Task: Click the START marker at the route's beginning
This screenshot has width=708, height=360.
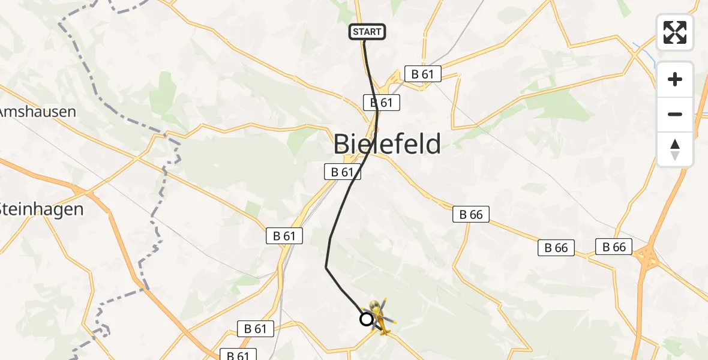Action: point(367,32)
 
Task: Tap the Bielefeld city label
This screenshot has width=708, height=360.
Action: point(387,144)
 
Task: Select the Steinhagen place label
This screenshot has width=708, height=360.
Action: point(41,209)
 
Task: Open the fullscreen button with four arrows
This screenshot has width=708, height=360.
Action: point(674,32)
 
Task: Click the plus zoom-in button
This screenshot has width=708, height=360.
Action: point(675,79)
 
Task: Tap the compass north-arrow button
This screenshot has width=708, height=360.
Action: point(675,149)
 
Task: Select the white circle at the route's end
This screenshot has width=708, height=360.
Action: point(366,319)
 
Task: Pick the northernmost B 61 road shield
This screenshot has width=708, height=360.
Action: point(422,74)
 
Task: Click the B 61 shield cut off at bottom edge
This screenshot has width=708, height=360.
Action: point(238,355)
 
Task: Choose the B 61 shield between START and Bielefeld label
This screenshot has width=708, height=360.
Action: point(381,103)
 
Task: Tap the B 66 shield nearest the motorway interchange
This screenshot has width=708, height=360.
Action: point(614,246)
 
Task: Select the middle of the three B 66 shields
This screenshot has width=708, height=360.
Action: point(556,247)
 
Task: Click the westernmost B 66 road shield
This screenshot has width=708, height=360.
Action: point(471,214)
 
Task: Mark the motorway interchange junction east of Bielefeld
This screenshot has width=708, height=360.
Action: point(646,258)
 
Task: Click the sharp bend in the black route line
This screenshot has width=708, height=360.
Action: point(326,267)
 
